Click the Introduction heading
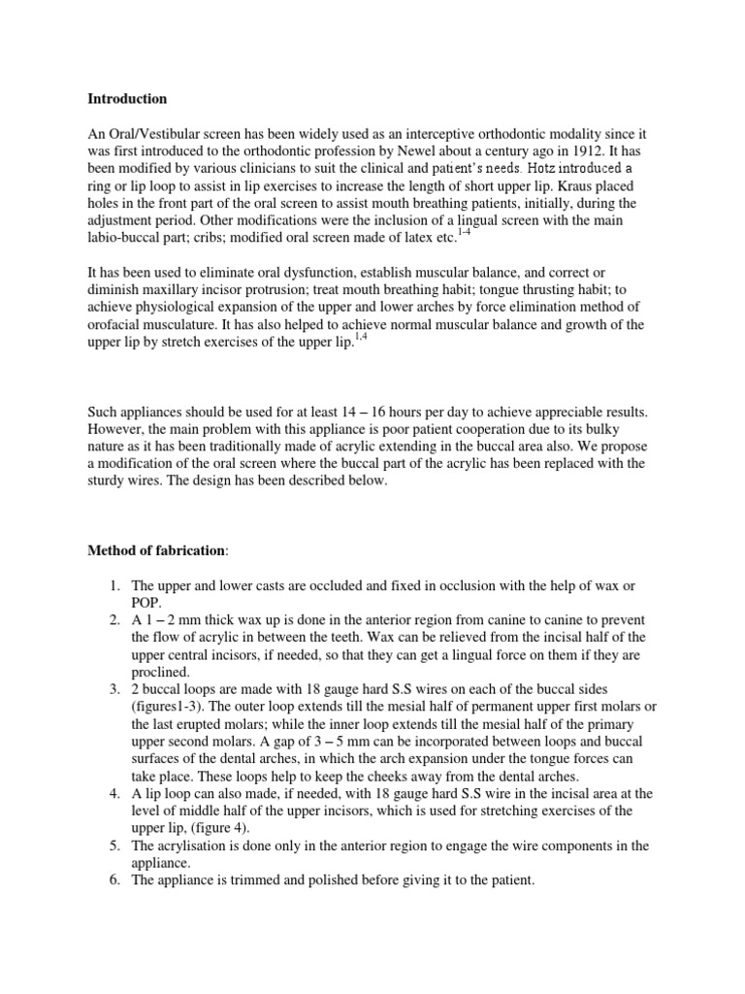(x=127, y=99)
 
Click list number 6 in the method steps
(x=113, y=881)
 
